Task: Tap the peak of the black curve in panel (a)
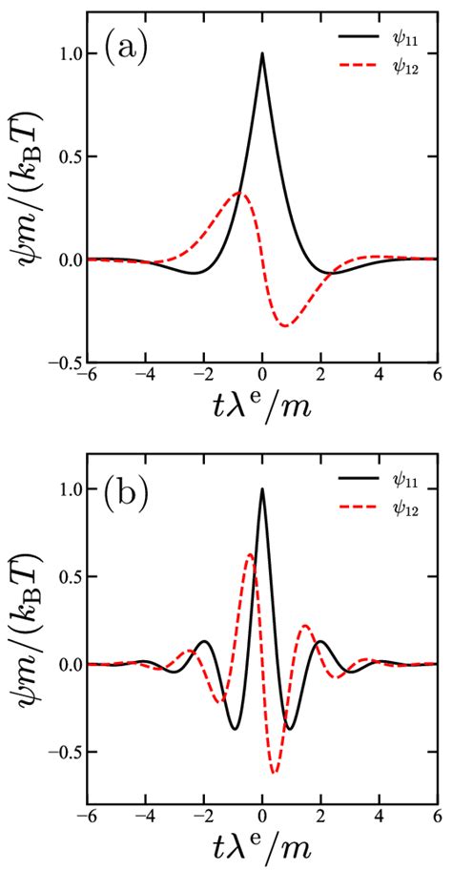coord(262,53)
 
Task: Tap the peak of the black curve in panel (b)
coord(262,489)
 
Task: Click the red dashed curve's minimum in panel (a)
coord(285,326)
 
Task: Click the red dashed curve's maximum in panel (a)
coord(239,194)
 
